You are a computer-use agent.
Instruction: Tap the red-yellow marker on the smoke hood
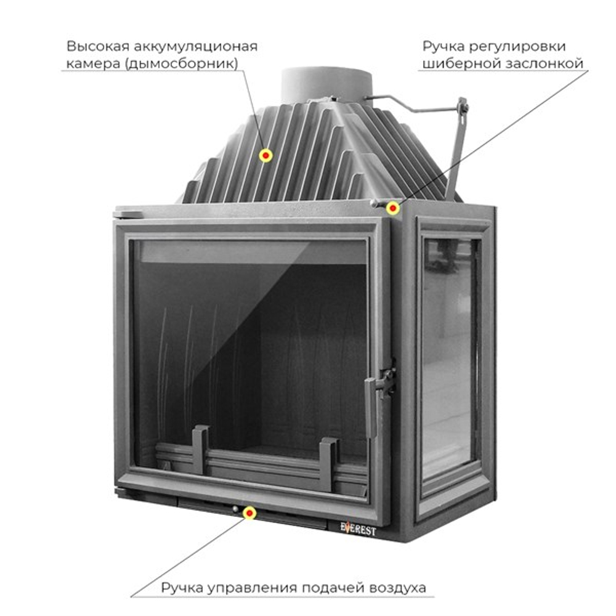(265, 156)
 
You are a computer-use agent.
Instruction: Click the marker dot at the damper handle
(392, 208)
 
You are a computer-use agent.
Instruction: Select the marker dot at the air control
(249, 513)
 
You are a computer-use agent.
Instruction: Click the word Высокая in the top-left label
(92, 47)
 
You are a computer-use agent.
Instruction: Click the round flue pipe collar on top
(326, 83)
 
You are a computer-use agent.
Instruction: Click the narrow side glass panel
(450, 357)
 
